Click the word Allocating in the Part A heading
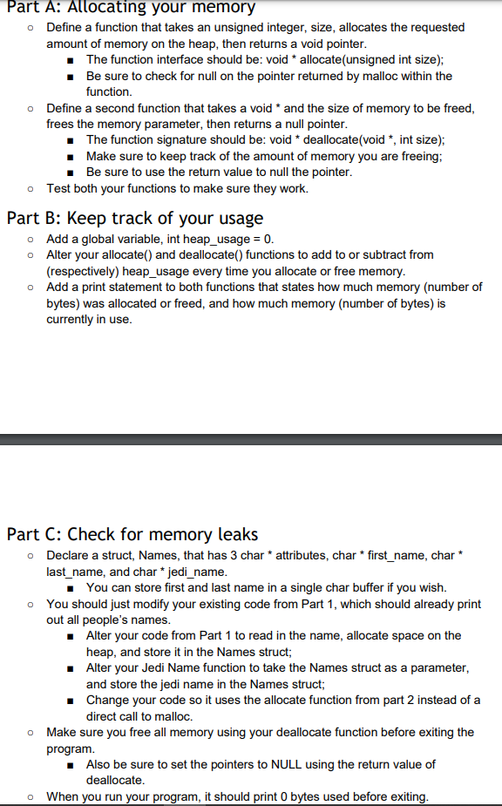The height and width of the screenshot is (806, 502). pyautogui.click(x=106, y=7)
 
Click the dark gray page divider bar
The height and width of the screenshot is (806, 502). pyautogui.click(x=251, y=438)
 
